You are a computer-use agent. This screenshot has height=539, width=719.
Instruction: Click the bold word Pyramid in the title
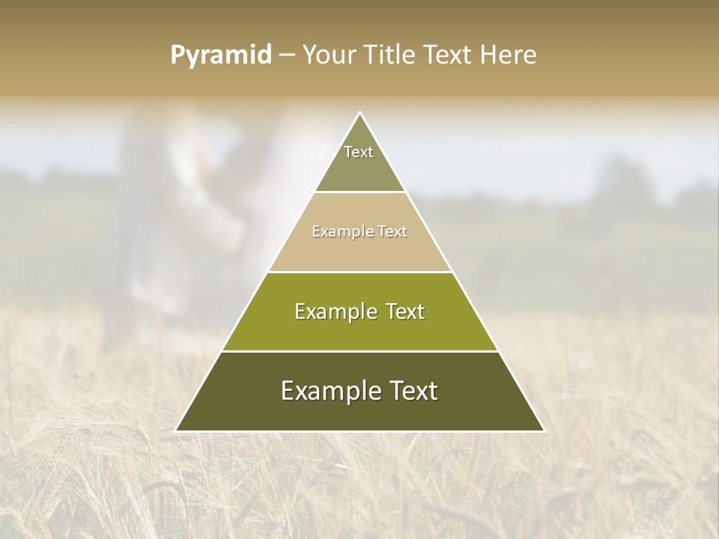(x=221, y=55)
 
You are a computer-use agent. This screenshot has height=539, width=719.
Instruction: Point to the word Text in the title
(x=449, y=55)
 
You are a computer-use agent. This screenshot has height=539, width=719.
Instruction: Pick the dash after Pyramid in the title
(x=286, y=55)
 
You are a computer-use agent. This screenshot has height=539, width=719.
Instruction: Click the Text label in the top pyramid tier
(x=359, y=152)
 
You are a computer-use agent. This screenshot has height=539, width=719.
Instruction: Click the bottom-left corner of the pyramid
(x=176, y=430)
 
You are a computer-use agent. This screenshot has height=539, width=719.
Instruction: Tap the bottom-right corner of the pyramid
(x=544, y=430)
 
